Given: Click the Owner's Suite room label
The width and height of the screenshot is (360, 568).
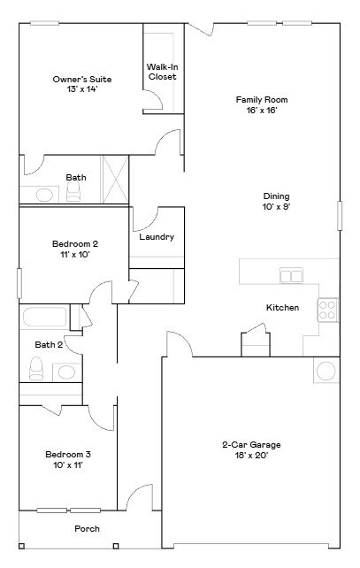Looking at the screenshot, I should click(x=81, y=79).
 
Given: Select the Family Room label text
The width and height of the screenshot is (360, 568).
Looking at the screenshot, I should click(x=261, y=100).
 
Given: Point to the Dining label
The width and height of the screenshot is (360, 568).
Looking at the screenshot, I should click(x=276, y=196).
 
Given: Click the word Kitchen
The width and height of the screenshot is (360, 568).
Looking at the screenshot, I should click(x=282, y=308).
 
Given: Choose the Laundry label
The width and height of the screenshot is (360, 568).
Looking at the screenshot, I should click(x=157, y=237).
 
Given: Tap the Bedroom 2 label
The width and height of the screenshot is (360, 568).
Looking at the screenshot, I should click(x=75, y=243).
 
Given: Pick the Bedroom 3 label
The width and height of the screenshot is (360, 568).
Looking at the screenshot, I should click(x=68, y=455).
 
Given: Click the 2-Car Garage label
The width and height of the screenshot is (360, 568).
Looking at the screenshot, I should click(x=251, y=445).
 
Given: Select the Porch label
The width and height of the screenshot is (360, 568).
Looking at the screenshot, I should click(x=87, y=529).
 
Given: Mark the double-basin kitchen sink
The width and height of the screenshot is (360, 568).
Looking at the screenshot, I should click(x=291, y=276).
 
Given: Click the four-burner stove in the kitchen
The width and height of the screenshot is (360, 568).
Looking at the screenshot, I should click(x=327, y=310).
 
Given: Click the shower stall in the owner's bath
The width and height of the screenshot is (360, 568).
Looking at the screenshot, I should click(x=116, y=180).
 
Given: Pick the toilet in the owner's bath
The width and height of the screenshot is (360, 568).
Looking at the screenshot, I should click(x=73, y=195).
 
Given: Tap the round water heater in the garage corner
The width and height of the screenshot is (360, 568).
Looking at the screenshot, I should click(x=326, y=371).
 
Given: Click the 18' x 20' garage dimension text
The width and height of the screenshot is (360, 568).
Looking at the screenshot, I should click(x=251, y=456).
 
